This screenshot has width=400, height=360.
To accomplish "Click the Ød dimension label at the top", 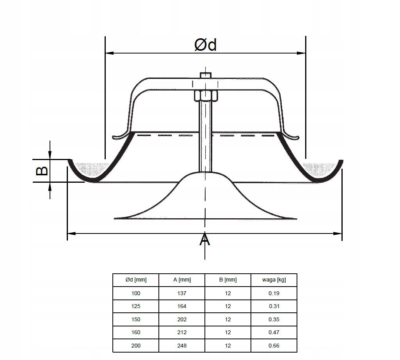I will point(205,45).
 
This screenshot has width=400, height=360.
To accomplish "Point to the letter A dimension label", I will point(205,240).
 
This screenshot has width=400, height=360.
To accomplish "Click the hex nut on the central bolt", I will point(205,95).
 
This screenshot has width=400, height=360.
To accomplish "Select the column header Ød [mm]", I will point(136,280).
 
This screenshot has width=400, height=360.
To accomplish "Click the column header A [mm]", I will point(182,280).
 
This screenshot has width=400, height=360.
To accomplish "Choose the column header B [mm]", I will point(228,280).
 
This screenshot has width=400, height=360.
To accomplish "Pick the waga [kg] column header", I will point(274,280).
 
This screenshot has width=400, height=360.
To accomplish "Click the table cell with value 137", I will point(182,293).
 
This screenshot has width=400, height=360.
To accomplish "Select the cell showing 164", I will point(182,306).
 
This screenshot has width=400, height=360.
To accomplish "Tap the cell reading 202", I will point(182,319).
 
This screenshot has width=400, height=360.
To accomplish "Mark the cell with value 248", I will point(182,346).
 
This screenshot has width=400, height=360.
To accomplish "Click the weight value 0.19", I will point(274,293).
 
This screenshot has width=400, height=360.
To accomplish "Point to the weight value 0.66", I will point(274,346).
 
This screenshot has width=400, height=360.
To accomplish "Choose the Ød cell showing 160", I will point(136,332).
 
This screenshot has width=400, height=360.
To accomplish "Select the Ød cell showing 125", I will point(136,306).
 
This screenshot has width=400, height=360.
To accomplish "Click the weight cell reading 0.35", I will point(274,319).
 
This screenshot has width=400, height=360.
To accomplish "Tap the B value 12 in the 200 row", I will point(228,346).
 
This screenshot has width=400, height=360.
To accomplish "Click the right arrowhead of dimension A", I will point(338,233).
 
